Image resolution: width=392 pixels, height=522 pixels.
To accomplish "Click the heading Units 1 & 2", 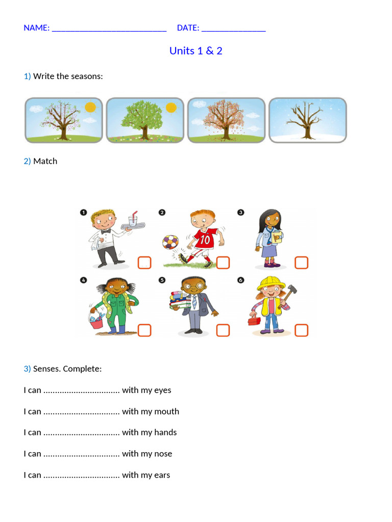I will tap(195, 50).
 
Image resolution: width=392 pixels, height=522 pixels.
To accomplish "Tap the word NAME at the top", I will tap(36, 28).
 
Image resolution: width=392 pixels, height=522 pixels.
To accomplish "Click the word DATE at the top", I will tap(188, 28).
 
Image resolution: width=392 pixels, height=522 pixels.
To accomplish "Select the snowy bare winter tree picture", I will tap(307, 120).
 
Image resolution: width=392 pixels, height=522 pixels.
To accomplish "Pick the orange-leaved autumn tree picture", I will tap(226, 120).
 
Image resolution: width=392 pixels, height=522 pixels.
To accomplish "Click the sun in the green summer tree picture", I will tap(171, 108).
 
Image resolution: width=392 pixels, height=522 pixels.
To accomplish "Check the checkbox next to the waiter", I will tap(144, 263).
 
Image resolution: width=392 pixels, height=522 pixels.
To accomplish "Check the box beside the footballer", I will tap(223, 263).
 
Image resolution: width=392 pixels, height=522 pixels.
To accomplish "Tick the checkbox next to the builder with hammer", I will tap(302, 330).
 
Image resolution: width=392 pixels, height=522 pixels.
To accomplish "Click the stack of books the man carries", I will tap(180, 300).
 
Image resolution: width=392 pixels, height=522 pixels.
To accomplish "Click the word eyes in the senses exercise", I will tap(163, 390).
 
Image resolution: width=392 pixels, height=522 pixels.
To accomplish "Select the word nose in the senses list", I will tap(163, 454).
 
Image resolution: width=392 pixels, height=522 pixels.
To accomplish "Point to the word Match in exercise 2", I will tap(45, 161).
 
